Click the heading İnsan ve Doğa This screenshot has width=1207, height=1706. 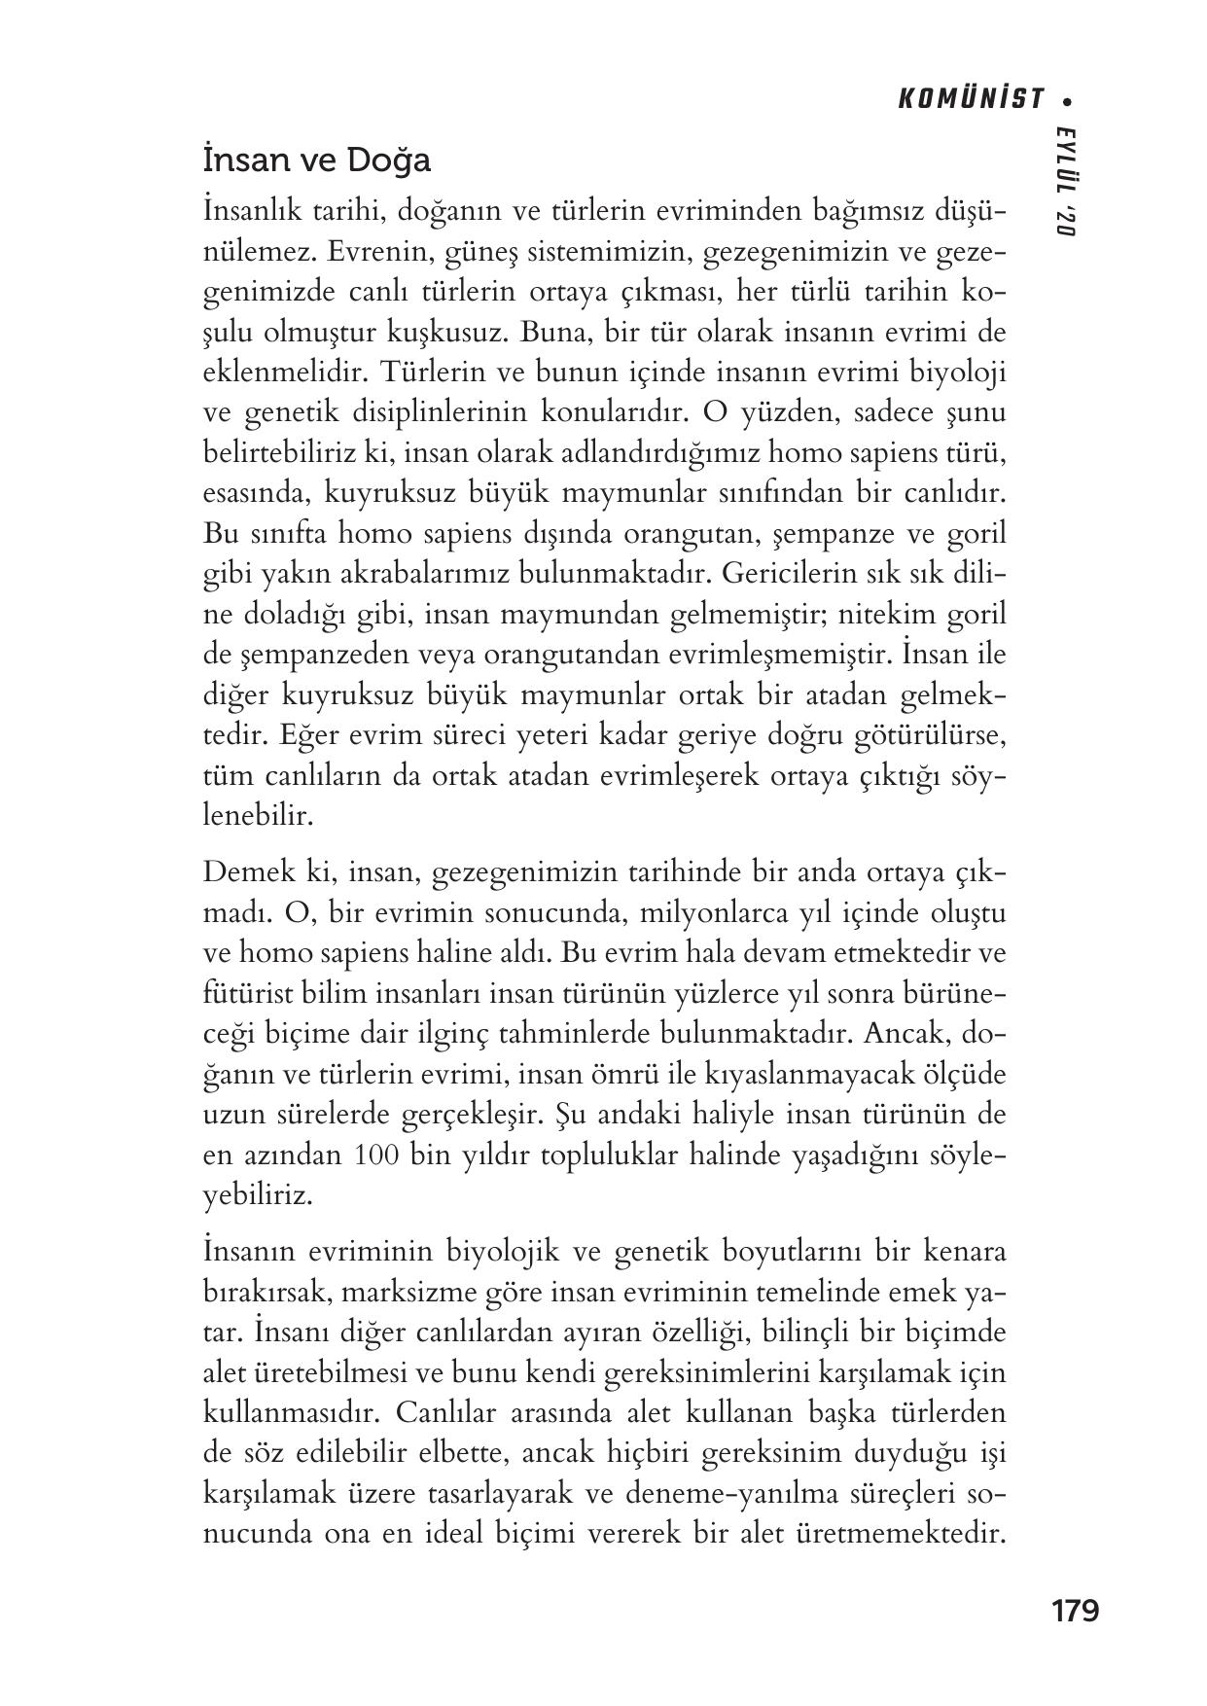pos(316,160)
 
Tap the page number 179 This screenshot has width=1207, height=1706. pos(1075,1611)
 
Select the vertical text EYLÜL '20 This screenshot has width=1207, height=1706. pos(1067,181)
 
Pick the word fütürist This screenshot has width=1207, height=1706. pos(240,994)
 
